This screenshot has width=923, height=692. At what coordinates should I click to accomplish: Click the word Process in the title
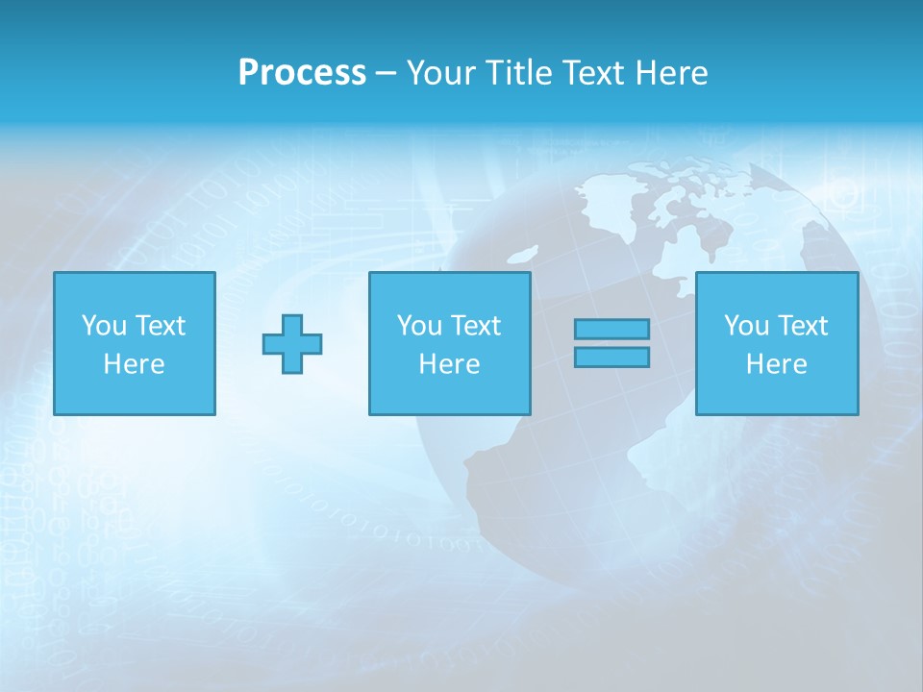302,73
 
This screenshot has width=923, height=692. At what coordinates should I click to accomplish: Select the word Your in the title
436,73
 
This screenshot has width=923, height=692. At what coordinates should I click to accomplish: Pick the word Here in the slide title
673,73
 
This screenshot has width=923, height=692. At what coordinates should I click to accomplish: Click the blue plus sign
292,343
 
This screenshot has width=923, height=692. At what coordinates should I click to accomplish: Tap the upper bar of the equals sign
611,329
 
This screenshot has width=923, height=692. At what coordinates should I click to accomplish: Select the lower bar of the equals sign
611,357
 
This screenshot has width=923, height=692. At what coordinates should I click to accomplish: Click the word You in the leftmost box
104,326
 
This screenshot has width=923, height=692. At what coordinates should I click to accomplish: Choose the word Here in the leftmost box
134,364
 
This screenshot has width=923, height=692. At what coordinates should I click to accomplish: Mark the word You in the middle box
419,326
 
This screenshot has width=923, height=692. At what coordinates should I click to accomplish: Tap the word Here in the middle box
449,364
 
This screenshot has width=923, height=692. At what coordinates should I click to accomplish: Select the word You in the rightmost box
746,326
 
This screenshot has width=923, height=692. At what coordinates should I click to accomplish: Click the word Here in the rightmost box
776,364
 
